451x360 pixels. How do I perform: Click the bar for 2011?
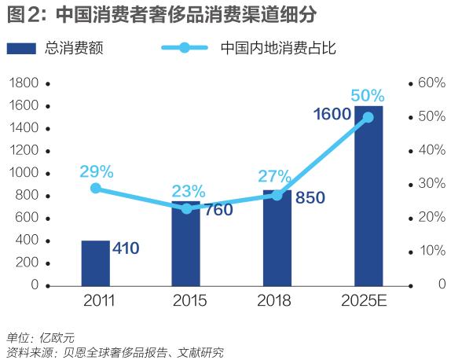[x=95, y=263]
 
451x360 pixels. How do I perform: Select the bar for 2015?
[x=186, y=244]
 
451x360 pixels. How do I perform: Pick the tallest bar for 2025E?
[x=368, y=197]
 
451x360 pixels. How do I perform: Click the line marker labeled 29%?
[x=96, y=188]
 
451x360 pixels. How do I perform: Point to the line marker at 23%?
[x=186, y=208]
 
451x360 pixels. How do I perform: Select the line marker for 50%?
[x=368, y=117]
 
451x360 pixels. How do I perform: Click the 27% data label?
[x=274, y=176]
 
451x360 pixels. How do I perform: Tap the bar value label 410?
[x=125, y=249]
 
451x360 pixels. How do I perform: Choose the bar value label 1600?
[x=332, y=115]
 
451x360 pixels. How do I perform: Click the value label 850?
[x=310, y=198]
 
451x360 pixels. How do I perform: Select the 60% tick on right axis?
[x=431, y=83]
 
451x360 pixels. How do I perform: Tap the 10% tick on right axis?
[x=431, y=251]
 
